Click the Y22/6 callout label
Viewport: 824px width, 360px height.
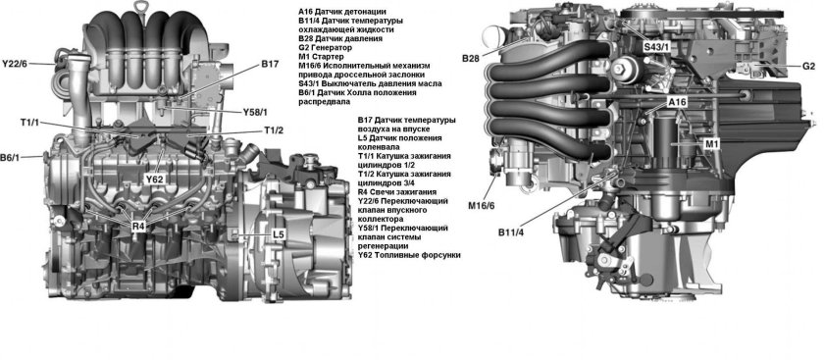(16, 64)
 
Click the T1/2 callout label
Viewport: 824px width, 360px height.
(274, 130)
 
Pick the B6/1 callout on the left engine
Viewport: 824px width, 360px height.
(13, 157)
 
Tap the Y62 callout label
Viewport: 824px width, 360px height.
(155, 180)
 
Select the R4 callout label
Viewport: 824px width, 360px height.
(138, 226)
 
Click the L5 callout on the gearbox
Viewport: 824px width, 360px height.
(279, 234)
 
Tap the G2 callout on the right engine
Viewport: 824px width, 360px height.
(808, 66)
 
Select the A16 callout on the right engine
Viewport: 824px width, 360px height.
(677, 102)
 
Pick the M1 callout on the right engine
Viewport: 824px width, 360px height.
(712, 144)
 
